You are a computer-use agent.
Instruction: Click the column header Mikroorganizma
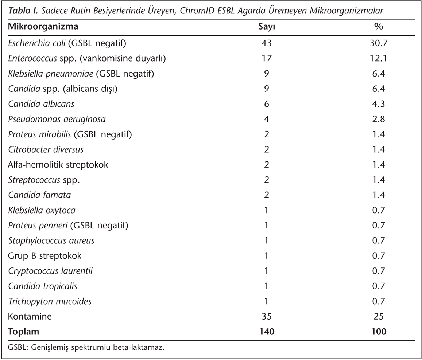(43, 27)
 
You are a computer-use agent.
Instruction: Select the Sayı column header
(267, 27)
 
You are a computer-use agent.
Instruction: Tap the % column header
(378, 26)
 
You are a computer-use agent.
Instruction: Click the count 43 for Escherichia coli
(267, 43)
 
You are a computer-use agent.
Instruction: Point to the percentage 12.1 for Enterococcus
(378, 58)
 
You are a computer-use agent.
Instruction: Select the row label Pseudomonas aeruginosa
(57, 120)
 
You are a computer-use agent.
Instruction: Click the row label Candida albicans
(41, 104)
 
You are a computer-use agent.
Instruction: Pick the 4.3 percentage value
(378, 104)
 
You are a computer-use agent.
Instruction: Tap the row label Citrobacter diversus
(46, 149)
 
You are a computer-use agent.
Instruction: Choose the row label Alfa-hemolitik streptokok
(58, 165)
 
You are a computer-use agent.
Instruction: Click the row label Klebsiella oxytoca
(42, 210)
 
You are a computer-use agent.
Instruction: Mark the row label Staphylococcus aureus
(51, 240)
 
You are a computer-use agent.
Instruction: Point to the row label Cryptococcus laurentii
(50, 271)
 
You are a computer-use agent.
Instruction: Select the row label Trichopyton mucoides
(50, 301)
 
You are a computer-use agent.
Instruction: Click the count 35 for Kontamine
(267, 316)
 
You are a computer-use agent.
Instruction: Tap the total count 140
(267, 332)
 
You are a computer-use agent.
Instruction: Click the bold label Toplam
(23, 332)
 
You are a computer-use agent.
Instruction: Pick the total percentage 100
(379, 332)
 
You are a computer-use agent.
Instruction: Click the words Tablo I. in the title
(24, 11)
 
